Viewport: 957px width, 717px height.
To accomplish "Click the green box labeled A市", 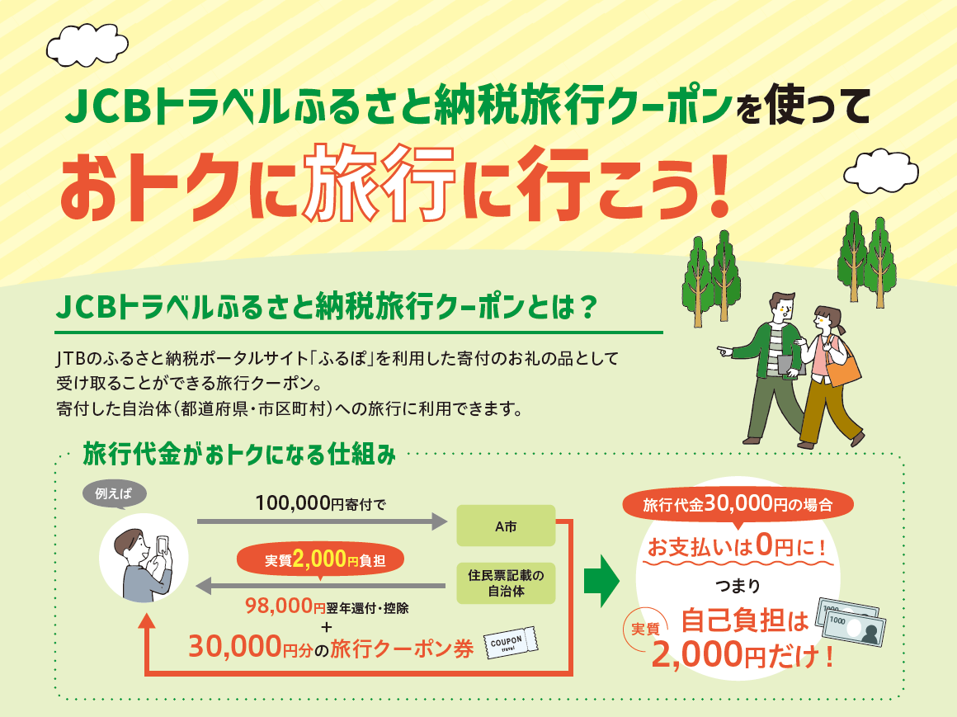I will click(506, 525).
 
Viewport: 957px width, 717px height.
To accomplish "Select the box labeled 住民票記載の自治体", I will click(506, 583).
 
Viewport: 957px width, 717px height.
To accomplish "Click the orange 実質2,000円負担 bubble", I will click(323, 559).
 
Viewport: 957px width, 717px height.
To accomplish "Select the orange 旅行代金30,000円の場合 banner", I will click(738, 504).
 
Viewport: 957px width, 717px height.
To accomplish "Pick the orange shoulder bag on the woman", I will click(842, 368).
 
